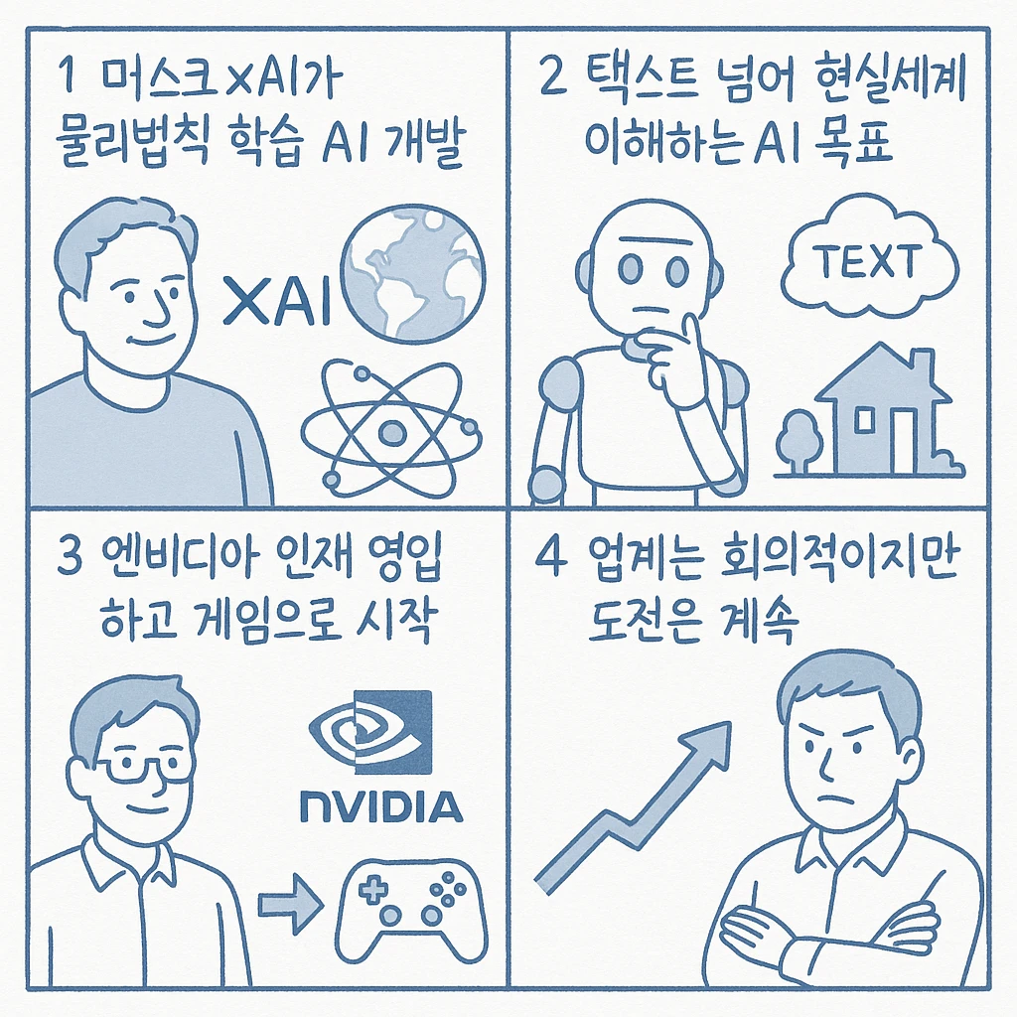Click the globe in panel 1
coord(413,274)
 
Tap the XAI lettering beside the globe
coord(278,300)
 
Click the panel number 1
coord(67,75)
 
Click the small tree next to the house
coord(799,441)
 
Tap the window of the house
coord(865,420)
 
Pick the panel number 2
coord(553,75)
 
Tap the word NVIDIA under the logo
coord(382,806)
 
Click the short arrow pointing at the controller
coord(291,904)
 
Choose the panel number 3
coord(70,556)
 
